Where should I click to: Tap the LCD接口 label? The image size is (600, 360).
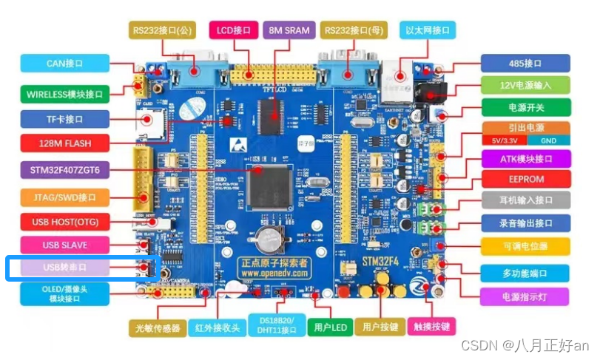(235, 30)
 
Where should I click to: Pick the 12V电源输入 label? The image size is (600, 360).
(525, 85)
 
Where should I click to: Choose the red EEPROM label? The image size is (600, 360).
(525, 180)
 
